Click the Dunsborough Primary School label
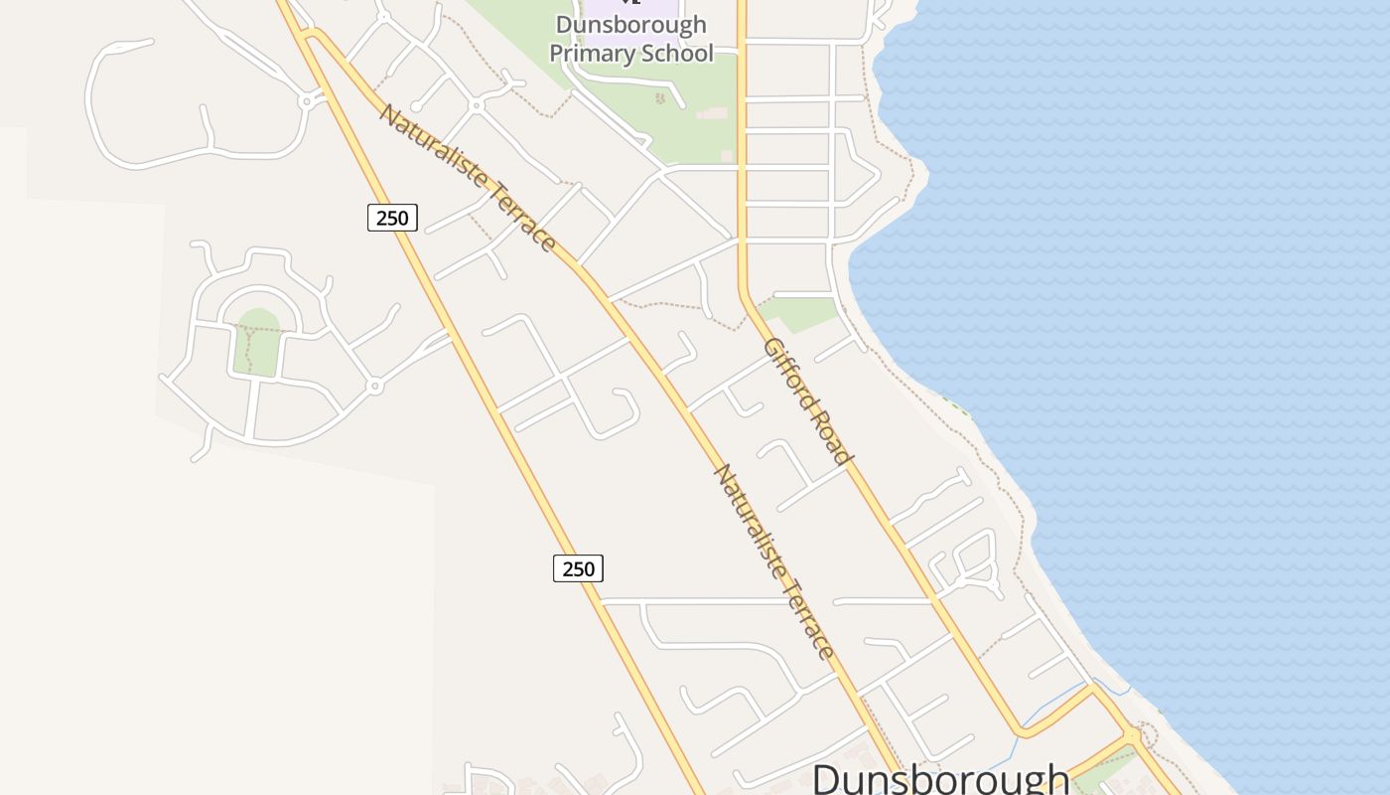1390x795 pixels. (x=631, y=39)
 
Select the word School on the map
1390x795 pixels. (x=681, y=54)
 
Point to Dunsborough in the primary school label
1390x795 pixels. (x=631, y=25)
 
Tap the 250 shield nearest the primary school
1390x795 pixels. (x=392, y=217)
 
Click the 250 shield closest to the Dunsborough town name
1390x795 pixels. (x=578, y=568)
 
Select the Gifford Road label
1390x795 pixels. (x=808, y=400)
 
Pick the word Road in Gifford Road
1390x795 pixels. (x=832, y=437)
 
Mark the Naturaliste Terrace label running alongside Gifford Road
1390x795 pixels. (x=774, y=560)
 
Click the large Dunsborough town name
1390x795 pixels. (x=941, y=777)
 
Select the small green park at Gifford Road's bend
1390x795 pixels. (x=799, y=312)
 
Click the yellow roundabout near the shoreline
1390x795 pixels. (x=1132, y=736)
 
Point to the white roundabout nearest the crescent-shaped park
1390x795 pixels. (x=374, y=386)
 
